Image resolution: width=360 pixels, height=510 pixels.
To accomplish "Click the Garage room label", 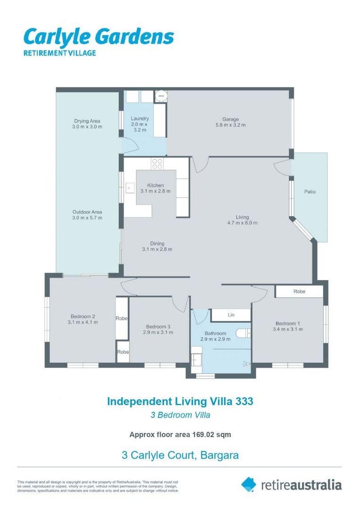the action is click(x=230, y=119).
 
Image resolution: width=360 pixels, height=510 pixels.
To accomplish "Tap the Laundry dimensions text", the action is click(x=139, y=127).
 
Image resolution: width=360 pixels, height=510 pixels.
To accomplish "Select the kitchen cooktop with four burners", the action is click(x=157, y=163).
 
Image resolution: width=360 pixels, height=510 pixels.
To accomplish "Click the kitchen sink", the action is click(x=130, y=188).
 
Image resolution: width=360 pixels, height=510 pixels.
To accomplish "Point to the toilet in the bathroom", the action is click(x=243, y=333).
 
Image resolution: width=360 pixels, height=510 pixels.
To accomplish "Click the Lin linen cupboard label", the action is click(x=231, y=315).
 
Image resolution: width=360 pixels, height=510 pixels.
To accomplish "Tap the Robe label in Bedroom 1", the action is click(x=299, y=291).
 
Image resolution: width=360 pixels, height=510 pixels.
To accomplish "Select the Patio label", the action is click(x=310, y=192).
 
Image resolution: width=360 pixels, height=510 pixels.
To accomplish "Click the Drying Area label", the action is click(x=87, y=121).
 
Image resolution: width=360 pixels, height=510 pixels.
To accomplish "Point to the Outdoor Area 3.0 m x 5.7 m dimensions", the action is click(x=87, y=218).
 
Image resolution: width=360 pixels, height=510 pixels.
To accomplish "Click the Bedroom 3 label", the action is click(x=158, y=327).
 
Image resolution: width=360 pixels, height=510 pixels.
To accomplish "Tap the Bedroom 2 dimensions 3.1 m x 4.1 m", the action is click(x=83, y=322).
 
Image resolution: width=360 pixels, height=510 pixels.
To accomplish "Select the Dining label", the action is click(x=157, y=243).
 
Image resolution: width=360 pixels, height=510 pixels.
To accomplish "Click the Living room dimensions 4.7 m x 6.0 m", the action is click(x=243, y=223).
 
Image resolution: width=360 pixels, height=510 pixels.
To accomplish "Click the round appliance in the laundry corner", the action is click(x=160, y=96).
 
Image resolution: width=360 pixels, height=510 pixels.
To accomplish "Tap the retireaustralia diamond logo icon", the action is click(x=249, y=484).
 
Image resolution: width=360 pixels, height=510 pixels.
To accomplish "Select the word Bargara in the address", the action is click(x=220, y=455).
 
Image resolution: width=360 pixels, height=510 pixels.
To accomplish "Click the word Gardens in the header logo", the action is click(x=136, y=37).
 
